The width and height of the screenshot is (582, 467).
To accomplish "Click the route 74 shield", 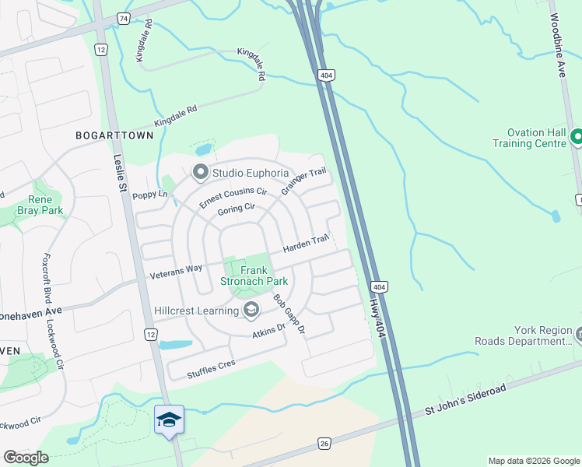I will (x=122, y=17).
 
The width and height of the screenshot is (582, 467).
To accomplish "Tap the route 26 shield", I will (x=324, y=443).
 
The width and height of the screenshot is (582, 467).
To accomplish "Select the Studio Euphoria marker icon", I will (x=200, y=172).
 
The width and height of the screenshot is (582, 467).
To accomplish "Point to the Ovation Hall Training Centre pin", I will (x=576, y=137).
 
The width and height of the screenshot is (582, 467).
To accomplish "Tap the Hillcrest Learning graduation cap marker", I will (x=251, y=311).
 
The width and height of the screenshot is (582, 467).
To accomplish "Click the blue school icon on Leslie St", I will (x=170, y=420).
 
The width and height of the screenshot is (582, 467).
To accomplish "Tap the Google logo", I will (x=26, y=457).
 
